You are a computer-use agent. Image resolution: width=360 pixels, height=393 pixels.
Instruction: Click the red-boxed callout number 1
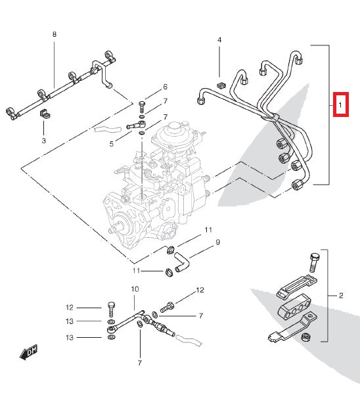340,104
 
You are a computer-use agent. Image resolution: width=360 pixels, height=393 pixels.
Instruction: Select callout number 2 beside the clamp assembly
341,296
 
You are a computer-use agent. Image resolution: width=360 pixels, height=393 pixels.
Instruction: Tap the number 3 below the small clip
44,141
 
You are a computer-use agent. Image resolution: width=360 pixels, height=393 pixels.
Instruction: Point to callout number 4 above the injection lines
219,40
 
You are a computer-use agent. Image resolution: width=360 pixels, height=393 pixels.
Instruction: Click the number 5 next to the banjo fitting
112,143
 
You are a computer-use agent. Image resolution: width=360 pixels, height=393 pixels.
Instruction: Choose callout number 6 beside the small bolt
165,87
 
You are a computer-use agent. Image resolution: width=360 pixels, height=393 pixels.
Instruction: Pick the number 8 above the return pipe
55,34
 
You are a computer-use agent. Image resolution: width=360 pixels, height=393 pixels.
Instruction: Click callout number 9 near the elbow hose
217,242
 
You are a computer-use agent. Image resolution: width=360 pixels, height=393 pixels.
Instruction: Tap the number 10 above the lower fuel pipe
135,289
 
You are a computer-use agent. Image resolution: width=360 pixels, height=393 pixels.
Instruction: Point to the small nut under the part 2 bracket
304,338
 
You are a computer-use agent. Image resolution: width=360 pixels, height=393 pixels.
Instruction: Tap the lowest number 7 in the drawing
140,362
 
